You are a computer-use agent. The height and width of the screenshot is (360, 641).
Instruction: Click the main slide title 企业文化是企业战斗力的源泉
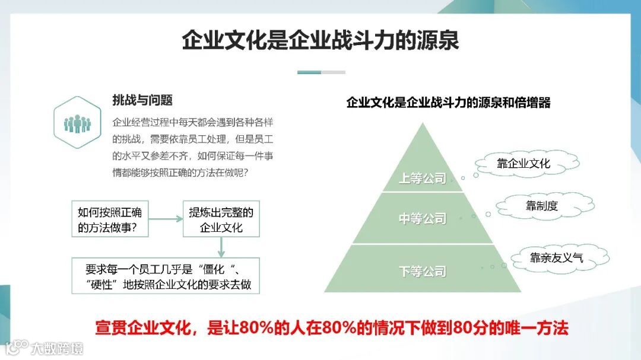coord(320,42)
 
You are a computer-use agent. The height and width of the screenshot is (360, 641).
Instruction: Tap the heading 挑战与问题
coord(142,100)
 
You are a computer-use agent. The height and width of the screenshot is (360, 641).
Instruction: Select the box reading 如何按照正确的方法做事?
coord(110,219)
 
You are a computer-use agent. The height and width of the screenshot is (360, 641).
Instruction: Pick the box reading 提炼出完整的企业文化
coord(221,219)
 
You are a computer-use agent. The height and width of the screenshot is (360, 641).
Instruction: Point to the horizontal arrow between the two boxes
coord(166,219)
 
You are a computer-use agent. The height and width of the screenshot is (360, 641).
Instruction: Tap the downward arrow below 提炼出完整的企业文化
coord(221,247)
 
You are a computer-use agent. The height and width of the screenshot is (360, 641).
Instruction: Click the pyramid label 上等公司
coord(422,178)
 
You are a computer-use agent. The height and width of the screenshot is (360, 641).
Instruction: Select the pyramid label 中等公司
coord(422,219)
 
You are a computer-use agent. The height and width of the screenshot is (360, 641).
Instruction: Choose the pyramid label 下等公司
coord(422,272)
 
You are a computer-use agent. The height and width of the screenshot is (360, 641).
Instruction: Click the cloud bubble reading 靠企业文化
coord(523,163)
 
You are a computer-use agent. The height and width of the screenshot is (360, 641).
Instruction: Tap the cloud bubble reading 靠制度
coord(542,206)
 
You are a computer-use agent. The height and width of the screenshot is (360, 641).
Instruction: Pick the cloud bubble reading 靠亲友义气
coord(556,257)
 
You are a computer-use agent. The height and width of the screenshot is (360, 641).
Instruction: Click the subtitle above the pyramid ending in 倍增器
coord(448,103)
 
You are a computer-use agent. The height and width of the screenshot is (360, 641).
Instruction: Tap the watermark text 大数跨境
coord(57,348)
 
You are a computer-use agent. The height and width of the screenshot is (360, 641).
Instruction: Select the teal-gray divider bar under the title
coord(321,72)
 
